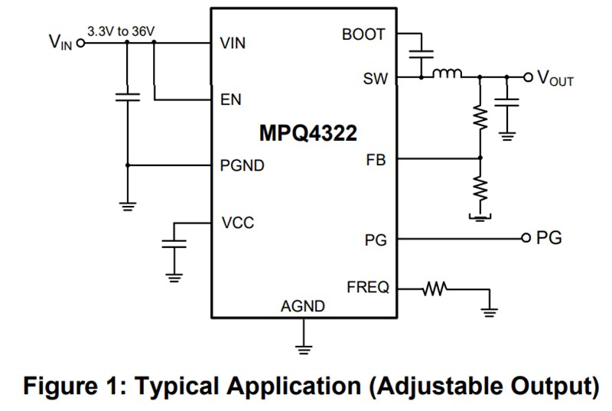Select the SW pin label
point(376,77)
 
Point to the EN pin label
point(230,99)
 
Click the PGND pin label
point(243,165)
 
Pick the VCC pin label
point(237,223)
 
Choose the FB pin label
point(376,160)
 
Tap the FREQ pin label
point(368,288)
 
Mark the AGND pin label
point(303,306)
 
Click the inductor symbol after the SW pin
point(448,75)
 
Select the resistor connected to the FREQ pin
point(435,289)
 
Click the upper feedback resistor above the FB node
point(480,116)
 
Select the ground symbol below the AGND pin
point(304,348)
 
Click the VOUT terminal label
point(556,79)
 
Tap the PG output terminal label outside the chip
point(549,238)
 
